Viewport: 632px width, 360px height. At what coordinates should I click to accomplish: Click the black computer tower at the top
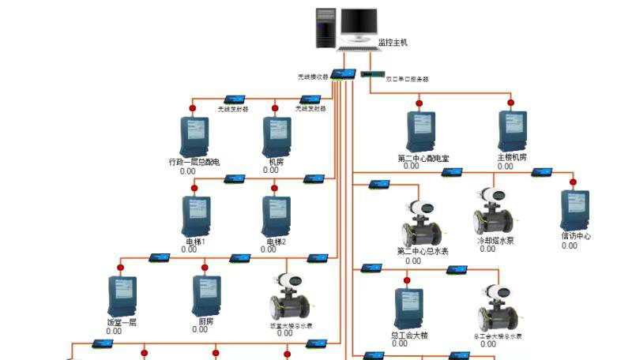point(326,29)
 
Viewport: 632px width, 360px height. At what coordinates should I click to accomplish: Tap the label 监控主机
point(393,43)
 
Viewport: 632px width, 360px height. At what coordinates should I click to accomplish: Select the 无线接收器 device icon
point(340,74)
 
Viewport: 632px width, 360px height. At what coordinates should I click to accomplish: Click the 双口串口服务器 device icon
point(371,75)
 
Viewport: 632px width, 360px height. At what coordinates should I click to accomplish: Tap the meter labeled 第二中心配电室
point(421,132)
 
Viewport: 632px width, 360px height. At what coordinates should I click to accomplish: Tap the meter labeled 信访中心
point(574,210)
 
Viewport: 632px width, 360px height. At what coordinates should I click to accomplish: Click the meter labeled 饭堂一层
point(122,295)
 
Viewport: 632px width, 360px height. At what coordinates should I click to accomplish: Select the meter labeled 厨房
point(205,295)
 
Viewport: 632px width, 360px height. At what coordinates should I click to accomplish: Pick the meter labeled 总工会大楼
point(408,308)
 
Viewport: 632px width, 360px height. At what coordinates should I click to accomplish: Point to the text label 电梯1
point(195,241)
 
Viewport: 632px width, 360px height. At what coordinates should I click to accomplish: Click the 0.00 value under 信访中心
point(570,246)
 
